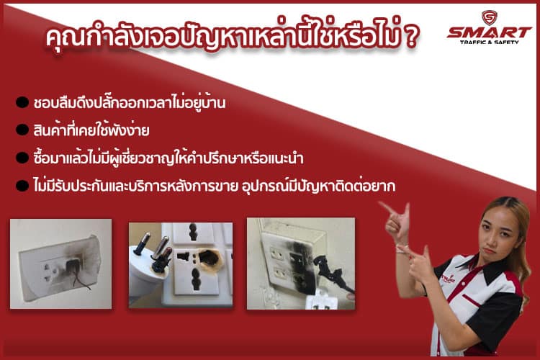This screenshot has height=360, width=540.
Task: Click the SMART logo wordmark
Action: (489, 32)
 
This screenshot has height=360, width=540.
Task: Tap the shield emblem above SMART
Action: (489, 17)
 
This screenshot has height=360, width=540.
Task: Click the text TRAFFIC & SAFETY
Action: (489, 42)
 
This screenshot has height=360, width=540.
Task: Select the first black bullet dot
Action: (22, 102)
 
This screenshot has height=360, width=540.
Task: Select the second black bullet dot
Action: (22, 130)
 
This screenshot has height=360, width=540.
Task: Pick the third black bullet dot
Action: (22, 158)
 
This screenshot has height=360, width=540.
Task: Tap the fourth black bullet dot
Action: (22, 185)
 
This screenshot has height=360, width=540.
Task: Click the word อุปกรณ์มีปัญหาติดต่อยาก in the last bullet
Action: (318, 186)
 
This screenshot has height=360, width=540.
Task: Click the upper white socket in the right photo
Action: (278, 254)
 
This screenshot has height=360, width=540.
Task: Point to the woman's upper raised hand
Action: (397, 221)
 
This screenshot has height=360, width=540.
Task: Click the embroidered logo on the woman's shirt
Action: (448, 279)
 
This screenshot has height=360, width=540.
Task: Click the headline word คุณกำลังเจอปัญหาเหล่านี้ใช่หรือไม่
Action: (224, 35)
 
